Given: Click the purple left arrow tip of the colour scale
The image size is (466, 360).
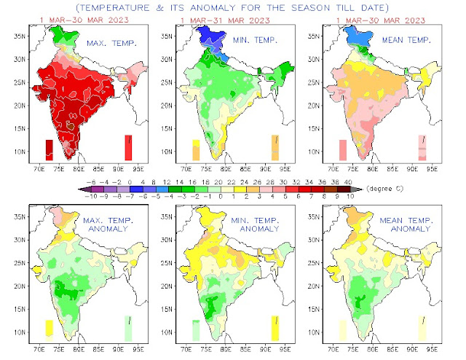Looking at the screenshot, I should point(82,189).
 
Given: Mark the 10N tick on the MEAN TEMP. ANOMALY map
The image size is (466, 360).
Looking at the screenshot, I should point(313,332).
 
